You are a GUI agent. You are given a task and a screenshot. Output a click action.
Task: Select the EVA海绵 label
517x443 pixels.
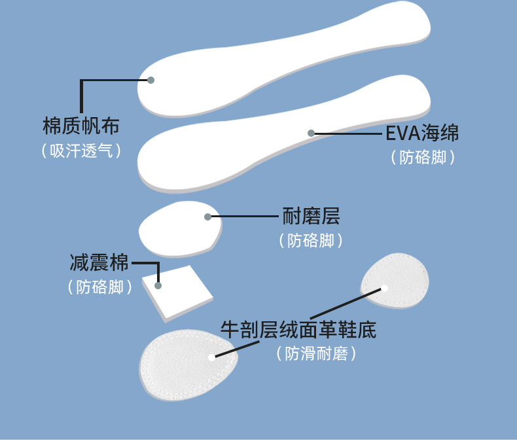click(x=422, y=133)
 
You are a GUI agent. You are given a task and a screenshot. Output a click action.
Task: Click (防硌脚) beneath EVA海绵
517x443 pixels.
click(x=422, y=158)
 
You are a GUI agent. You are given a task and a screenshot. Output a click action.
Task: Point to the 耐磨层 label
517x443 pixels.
click(x=311, y=216)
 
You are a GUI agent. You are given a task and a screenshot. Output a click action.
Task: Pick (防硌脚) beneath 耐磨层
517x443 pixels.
click(x=311, y=241)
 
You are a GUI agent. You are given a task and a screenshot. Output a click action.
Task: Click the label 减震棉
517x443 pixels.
click(x=99, y=263)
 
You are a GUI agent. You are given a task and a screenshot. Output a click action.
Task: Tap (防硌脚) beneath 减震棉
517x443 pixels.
click(x=99, y=287)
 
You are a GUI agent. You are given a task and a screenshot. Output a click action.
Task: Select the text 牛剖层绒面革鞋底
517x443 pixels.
click(x=298, y=329)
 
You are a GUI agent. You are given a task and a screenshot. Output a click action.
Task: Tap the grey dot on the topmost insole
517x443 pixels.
click(x=151, y=80)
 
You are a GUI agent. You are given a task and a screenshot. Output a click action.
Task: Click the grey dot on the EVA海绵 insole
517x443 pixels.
click(x=312, y=133)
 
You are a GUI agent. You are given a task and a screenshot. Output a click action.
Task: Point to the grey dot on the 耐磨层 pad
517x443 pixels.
click(x=207, y=217)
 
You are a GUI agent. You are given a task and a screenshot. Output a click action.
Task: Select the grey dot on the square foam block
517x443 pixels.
click(x=158, y=285)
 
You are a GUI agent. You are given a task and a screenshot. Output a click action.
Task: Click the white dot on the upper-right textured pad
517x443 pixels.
click(x=385, y=288)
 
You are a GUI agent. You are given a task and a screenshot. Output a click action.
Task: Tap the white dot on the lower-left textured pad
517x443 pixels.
click(x=211, y=357)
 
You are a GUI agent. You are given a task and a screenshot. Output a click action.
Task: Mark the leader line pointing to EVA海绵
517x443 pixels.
click(x=347, y=133)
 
